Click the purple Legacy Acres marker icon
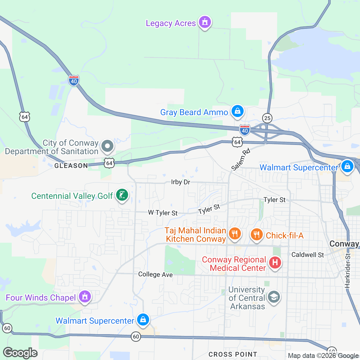point(205,22)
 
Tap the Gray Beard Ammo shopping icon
point(238,111)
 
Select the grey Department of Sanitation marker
point(107,147)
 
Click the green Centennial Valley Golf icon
point(122,195)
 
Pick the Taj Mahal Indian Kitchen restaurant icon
point(235,233)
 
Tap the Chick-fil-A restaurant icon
point(256,235)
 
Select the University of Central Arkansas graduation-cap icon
point(274,297)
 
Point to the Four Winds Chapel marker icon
point(85,297)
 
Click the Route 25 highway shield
point(267,118)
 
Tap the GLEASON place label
point(71,166)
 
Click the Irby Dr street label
point(181,182)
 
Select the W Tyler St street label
point(163,213)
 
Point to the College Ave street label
point(155,274)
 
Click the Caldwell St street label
point(308,255)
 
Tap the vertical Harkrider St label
point(348,271)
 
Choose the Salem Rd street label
point(241,159)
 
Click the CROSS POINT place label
point(233,354)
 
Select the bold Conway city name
point(344,244)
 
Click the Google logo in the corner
point(20,353)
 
